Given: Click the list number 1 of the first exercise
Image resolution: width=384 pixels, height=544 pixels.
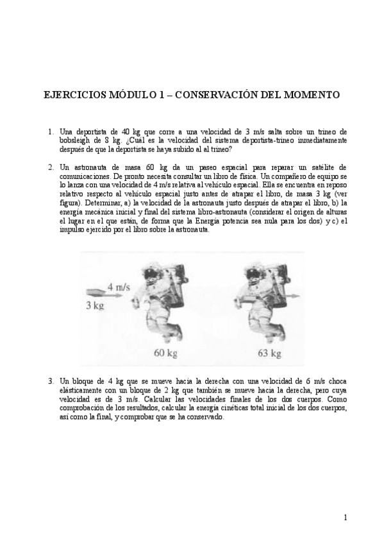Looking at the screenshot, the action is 51,132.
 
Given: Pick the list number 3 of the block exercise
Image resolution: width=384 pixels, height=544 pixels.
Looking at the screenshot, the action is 51,380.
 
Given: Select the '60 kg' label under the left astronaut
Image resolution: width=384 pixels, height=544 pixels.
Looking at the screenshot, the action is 165,353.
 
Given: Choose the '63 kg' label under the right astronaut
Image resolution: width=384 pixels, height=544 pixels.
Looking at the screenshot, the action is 269,353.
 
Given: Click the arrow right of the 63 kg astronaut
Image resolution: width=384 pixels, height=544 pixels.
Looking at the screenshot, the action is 292,296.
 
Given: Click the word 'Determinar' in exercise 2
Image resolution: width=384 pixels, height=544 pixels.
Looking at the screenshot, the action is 97,202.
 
